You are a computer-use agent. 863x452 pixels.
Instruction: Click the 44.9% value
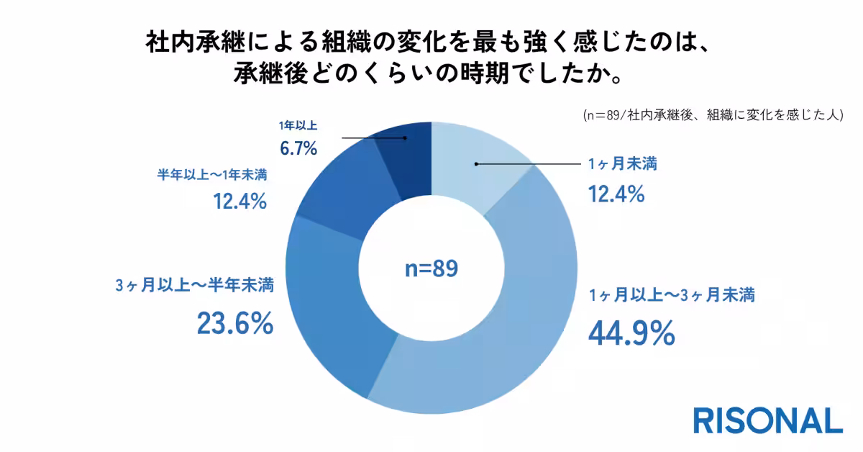pos(631,333)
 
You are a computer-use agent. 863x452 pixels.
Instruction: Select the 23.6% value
pos(234,323)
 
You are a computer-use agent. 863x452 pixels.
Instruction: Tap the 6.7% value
pos(298,149)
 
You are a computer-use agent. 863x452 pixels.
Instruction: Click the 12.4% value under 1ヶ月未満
pos(616,194)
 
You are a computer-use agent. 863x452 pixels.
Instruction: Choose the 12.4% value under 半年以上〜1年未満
pos(240,202)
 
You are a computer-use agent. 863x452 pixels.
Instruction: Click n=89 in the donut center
pos(431,268)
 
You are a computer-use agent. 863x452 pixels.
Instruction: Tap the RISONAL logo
pos(767,420)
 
